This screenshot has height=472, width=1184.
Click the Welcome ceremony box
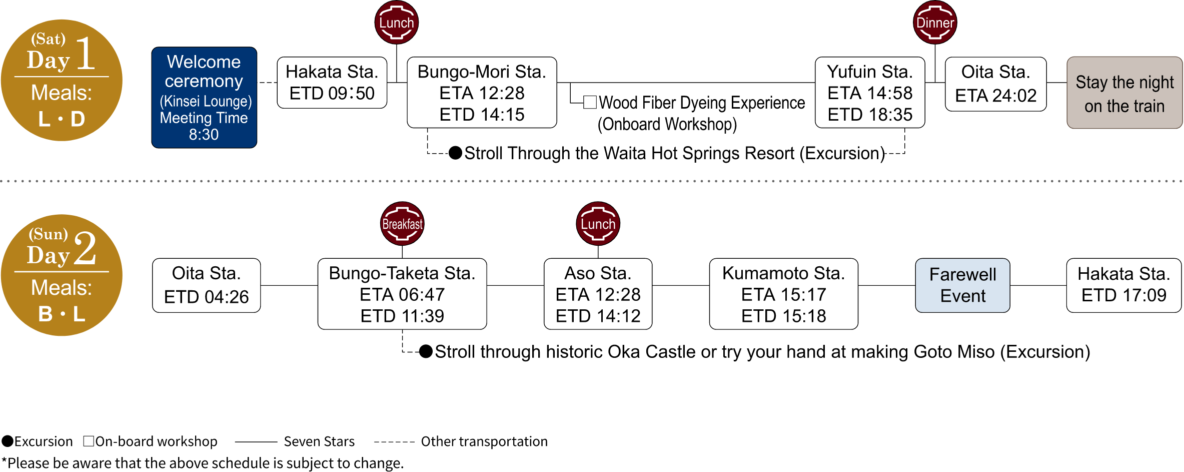[x=204, y=97]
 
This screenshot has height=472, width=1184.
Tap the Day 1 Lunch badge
[x=396, y=23]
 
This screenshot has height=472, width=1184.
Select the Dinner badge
[x=934, y=23]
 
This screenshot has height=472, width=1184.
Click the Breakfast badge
[x=402, y=224]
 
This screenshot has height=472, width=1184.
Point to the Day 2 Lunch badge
[x=598, y=224]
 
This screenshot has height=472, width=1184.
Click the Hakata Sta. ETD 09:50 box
[x=332, y=83]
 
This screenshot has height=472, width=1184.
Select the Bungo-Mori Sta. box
[x=482, y=93]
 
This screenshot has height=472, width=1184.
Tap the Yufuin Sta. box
[x=870, y=93]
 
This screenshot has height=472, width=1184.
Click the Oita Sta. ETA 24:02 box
[x=995, y=84]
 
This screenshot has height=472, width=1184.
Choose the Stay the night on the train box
[x=1124, y=93]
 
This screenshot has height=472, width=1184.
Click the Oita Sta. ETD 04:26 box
[x=206, y=285]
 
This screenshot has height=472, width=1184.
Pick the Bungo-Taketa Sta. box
[x=402, y=294]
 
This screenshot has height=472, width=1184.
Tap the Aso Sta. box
[x=598, y=294]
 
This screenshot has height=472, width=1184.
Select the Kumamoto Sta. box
[x=783, y=294]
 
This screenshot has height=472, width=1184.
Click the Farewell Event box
[x=962, y=285]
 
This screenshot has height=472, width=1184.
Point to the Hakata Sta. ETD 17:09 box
[x=1123, y=285]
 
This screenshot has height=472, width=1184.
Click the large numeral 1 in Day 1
[x=85, y=54]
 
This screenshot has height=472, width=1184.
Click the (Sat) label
[x=48, y=39]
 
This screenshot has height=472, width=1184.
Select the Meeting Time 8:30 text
[x=204, y=126]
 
